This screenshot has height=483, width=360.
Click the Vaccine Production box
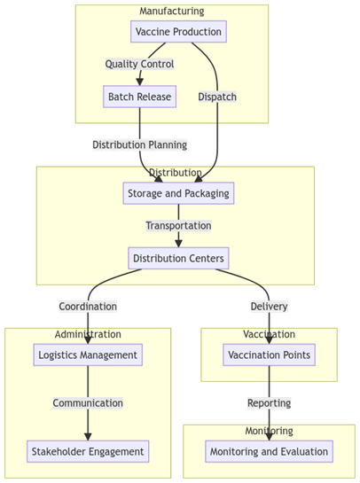click(178, 31)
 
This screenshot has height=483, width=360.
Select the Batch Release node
click(139, 97)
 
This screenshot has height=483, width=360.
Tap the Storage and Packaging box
click(178, 193)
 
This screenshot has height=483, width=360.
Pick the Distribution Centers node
click(178, 258)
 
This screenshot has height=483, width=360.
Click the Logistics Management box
click(88, 354)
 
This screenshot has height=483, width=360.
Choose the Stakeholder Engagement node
click(88, 451)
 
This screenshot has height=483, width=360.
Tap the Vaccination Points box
click(269, 354)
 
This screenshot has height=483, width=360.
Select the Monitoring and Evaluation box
click(269, 451)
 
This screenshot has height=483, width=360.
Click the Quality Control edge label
click(139, 64)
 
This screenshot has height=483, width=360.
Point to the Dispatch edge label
click(217, 97)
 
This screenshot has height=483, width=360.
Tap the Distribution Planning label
click(139, 144)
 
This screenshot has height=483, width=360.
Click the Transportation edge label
click(178, 225)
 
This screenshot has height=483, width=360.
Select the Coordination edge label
click(88, 307)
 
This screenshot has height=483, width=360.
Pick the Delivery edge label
click(269, 307)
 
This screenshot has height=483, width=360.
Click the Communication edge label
click(88, 403)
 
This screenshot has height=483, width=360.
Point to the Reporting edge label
click(269, 403)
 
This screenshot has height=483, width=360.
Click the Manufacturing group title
click(172, 12)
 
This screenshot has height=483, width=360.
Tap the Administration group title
click(88, 334)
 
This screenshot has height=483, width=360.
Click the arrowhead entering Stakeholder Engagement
click(88, 437)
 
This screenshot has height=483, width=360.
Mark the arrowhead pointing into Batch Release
click(139, 82)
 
